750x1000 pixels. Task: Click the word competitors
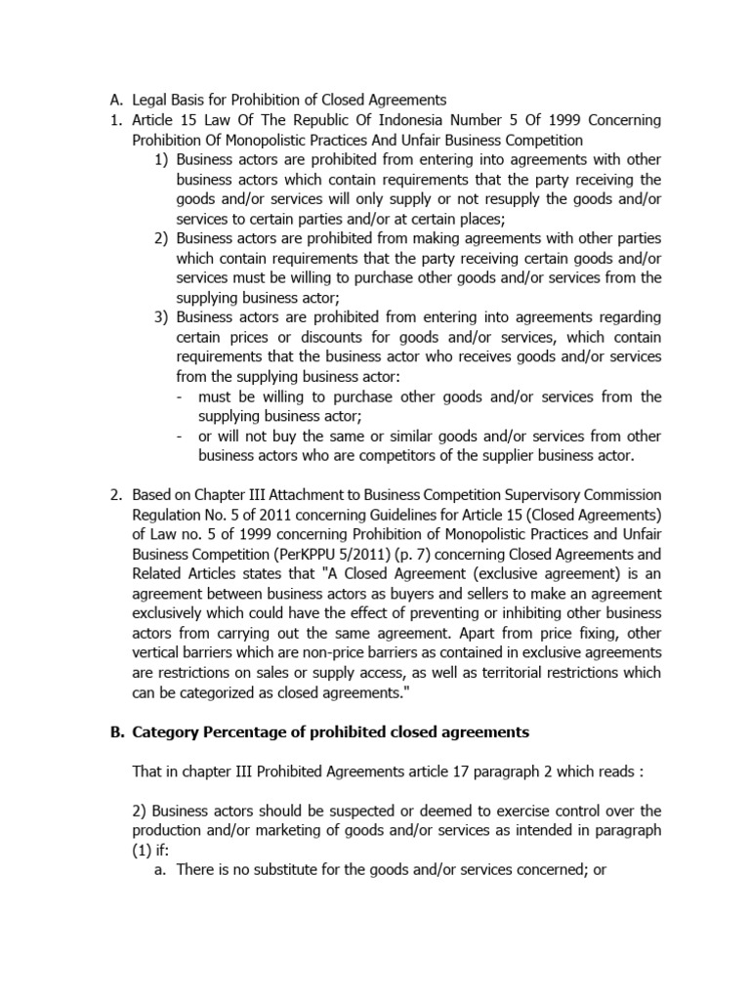pyautogui.click(x=382, y=455)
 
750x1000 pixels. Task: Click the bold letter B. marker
pyautogui.click(x=115, y=732)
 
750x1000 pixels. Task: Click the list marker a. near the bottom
pyautogui.click(x=161, y=870)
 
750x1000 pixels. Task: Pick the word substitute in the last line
pyautogui.click(x=292, y=870)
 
